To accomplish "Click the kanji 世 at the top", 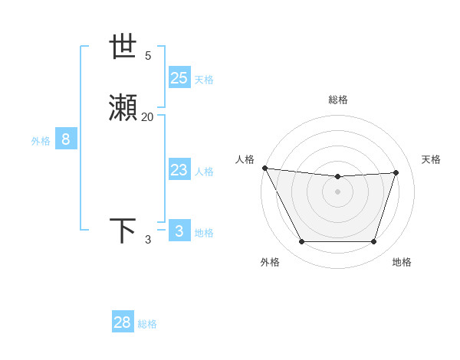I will [123, 47].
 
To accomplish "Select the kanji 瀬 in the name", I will [123, 109].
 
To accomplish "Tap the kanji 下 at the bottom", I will [123, 231].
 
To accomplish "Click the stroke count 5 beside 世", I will [148, 56].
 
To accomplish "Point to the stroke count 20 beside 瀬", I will [148, 117].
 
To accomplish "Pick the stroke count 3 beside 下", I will [148, 240].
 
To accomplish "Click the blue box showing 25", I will [179, 78].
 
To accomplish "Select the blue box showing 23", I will [179, 170].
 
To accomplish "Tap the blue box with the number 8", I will [66, 139].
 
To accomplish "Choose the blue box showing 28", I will [123, 322].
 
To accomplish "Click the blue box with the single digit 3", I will [179, 231].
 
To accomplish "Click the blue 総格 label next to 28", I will [148, 324].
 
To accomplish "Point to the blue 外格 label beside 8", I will [41, 141].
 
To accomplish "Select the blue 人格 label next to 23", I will [205, 172].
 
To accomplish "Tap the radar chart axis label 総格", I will [338, 100].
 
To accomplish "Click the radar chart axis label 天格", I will [431, 159].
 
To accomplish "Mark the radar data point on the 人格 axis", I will [264, 168].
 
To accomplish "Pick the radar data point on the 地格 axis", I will [374, 242].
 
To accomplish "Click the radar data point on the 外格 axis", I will [301, 242].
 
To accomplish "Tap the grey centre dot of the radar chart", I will [338, 191].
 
